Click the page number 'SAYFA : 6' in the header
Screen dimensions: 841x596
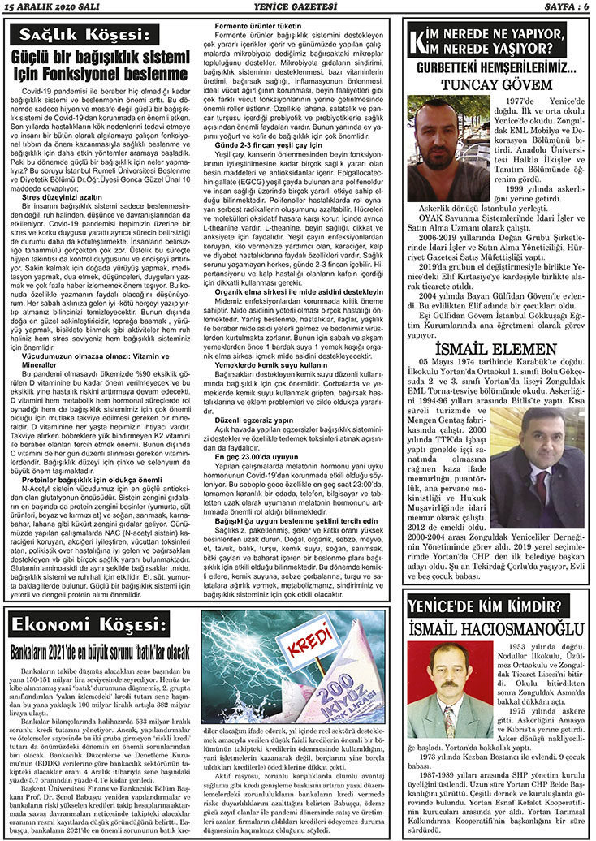point(562,6)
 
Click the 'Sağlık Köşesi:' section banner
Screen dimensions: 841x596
point(85,35)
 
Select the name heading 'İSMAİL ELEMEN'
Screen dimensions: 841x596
point(495,325)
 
